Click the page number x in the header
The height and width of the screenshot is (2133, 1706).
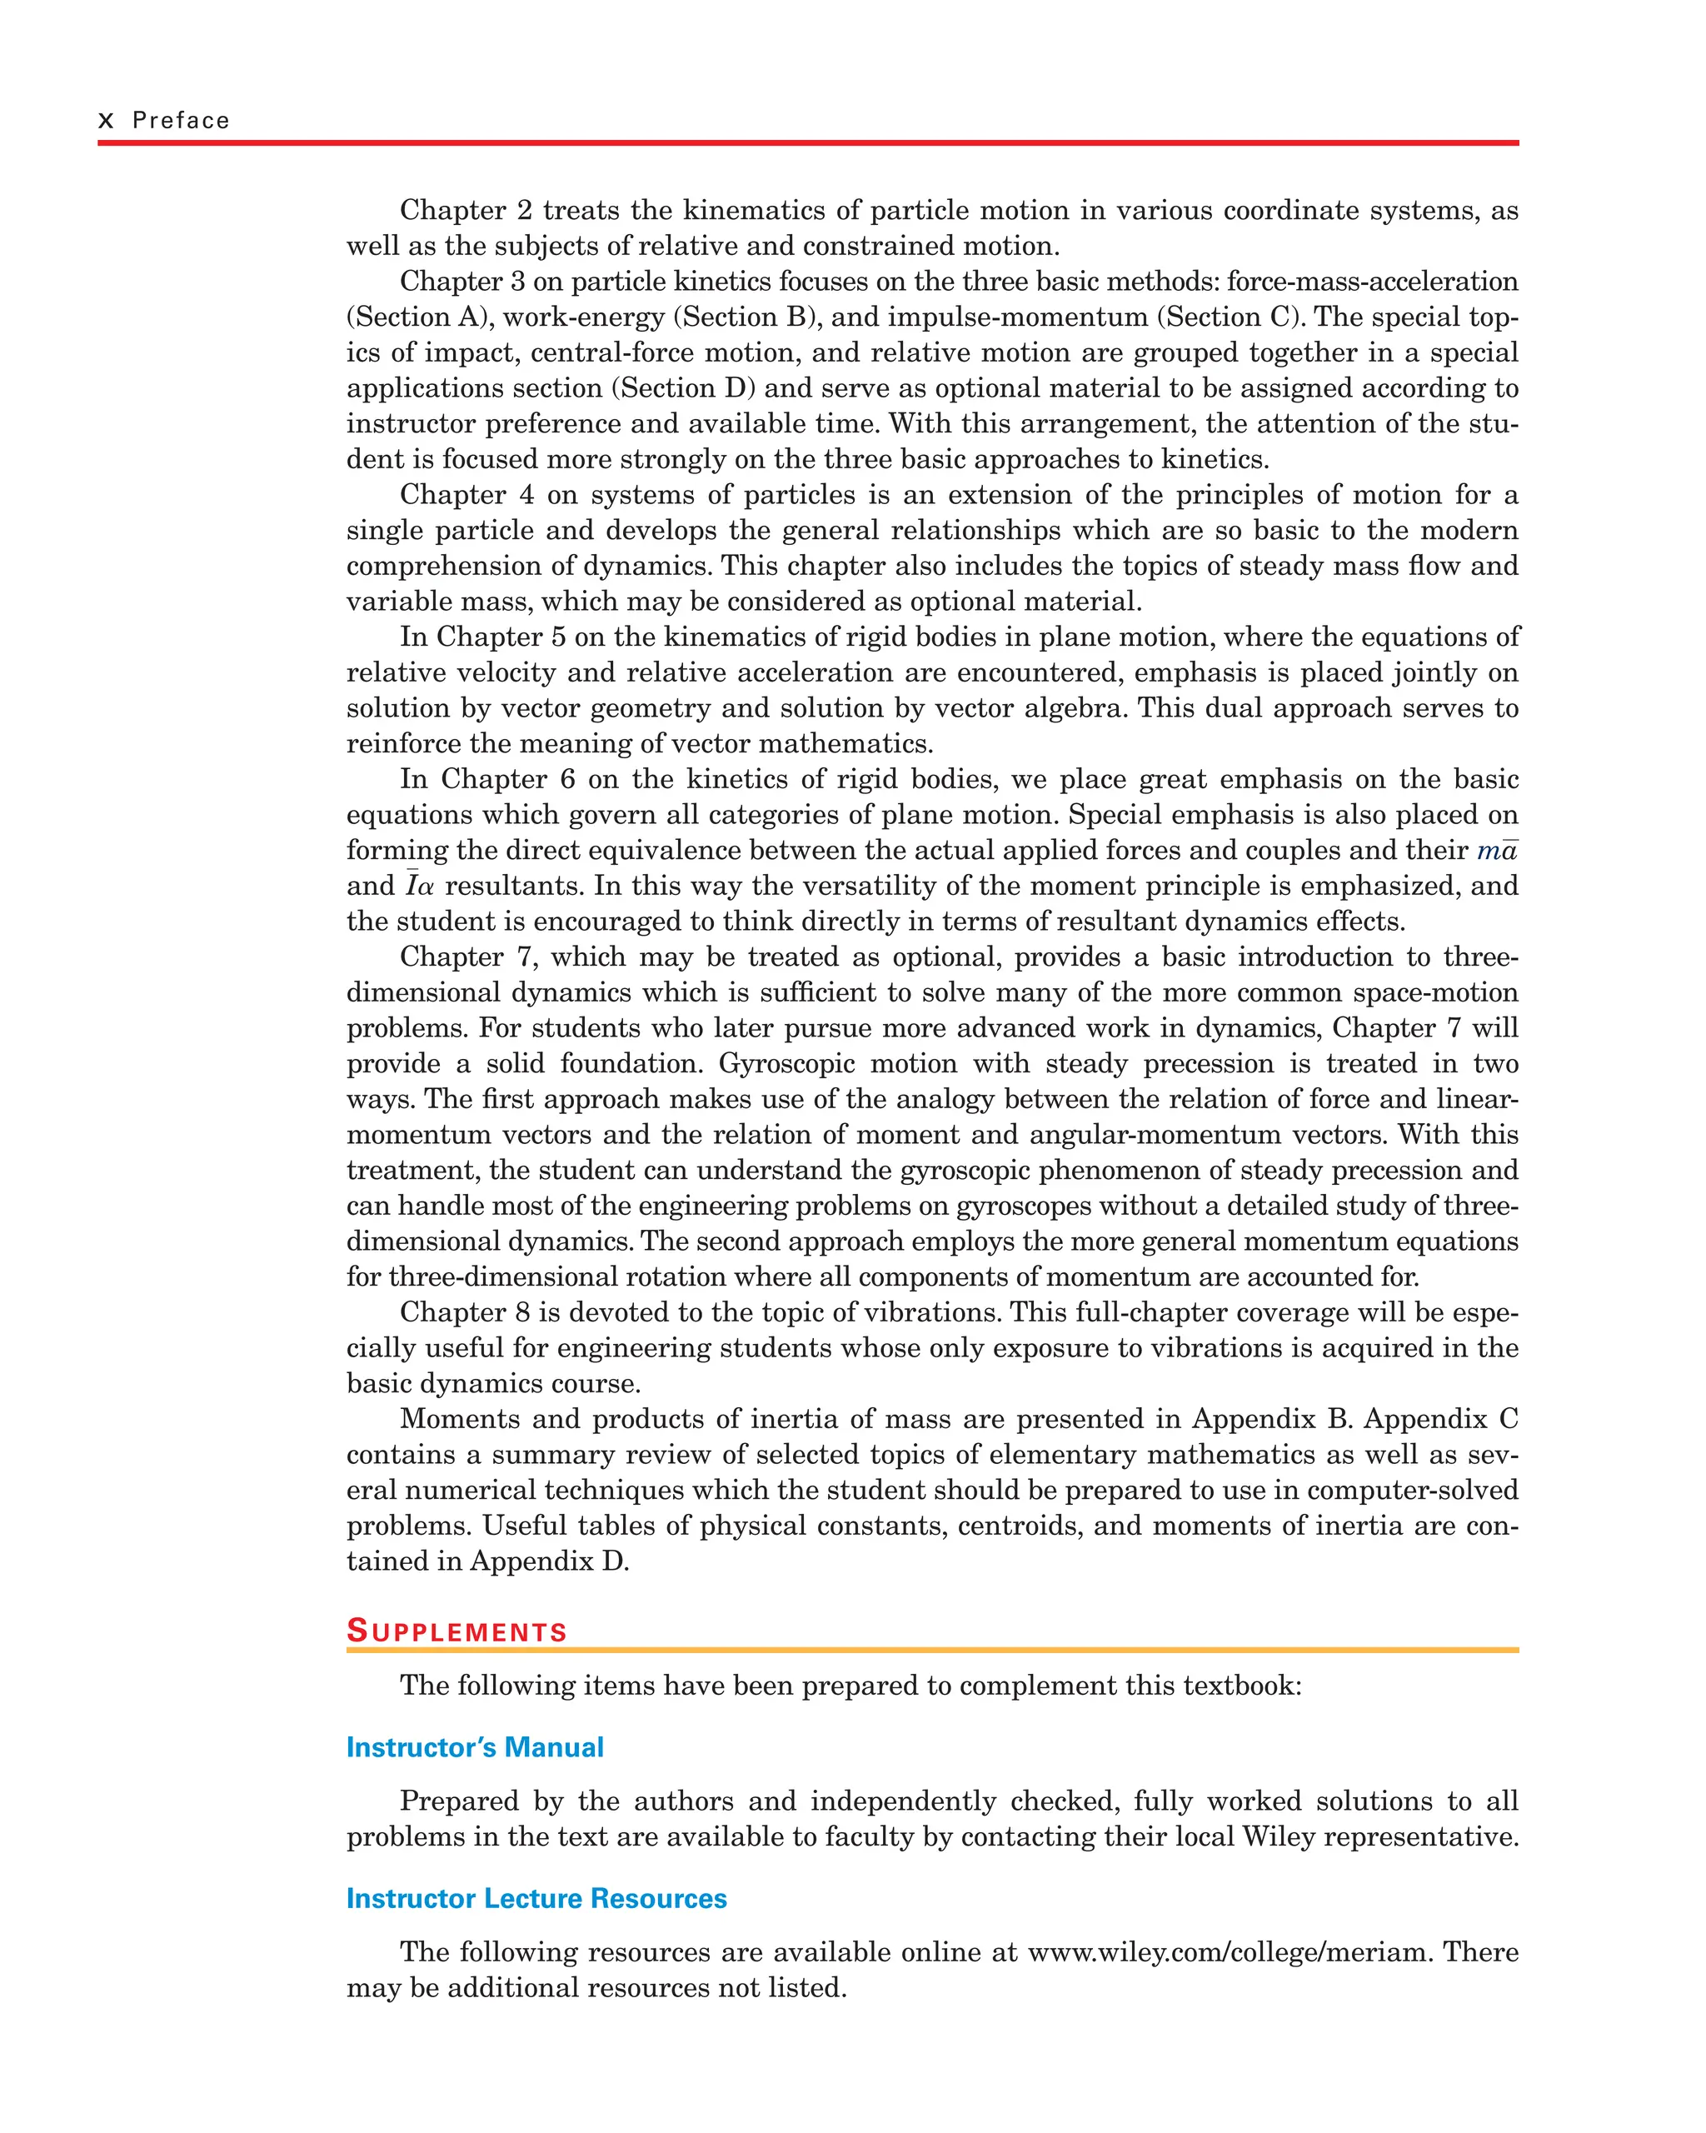coord(106,121)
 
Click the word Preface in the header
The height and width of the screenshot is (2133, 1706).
coord(181,121)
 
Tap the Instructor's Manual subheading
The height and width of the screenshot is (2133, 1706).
coord(475,1747)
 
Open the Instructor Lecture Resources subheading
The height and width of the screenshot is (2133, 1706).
coord(536,1899)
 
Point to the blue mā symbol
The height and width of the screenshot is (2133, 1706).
coord(1497,851)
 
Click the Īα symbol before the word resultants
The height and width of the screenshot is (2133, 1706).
coord(418,886)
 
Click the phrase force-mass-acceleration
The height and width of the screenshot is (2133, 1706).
coord(1372,281)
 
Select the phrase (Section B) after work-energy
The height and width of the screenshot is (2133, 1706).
coord(745,317)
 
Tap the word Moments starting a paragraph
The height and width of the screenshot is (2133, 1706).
coord(459,1419)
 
